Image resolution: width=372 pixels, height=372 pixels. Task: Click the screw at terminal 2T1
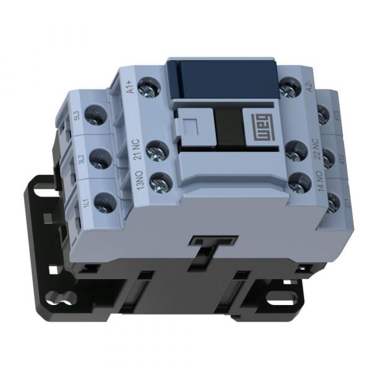click(334, 200)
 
